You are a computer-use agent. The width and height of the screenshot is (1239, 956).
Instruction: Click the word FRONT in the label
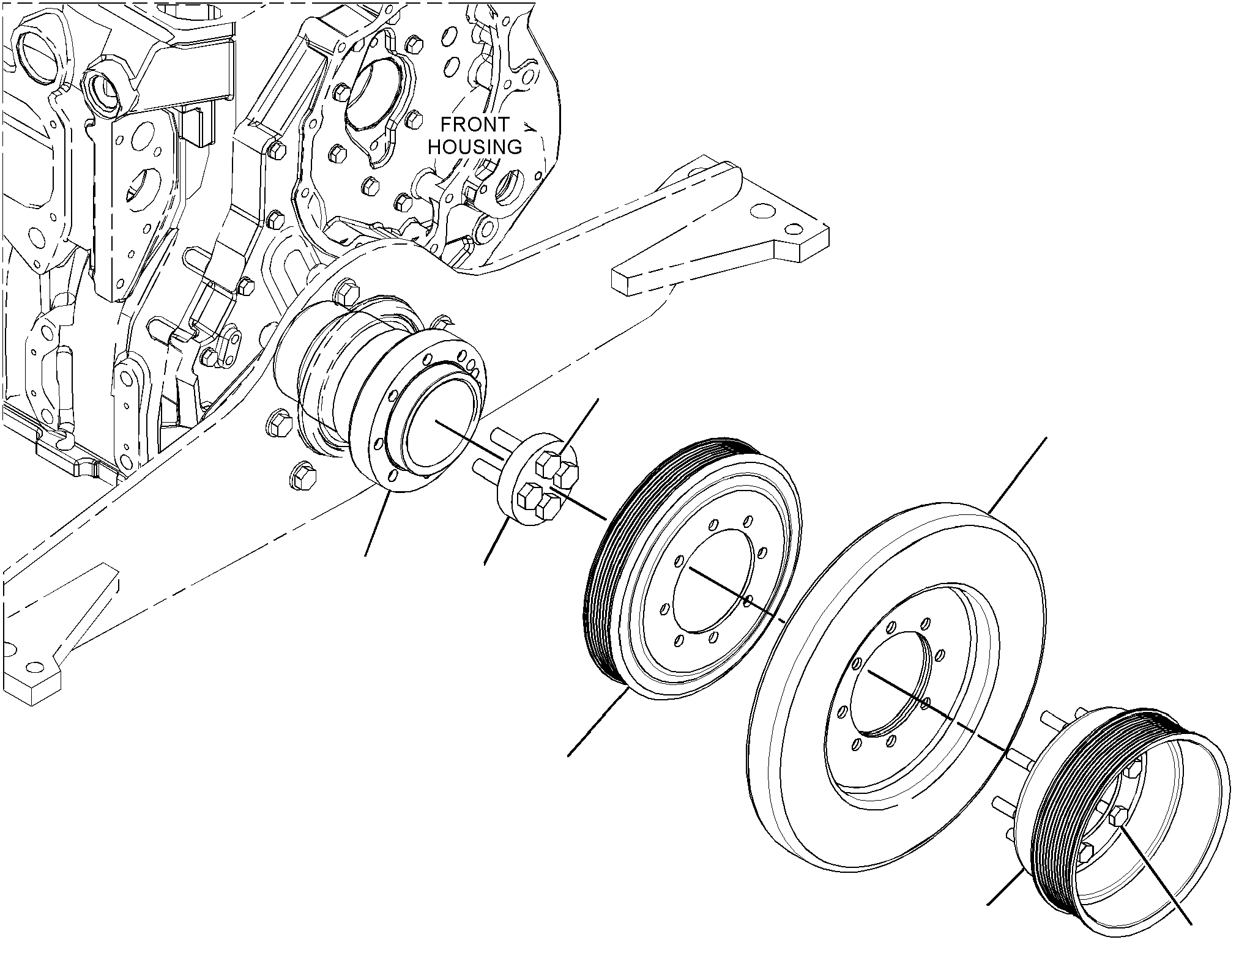click(475, 125)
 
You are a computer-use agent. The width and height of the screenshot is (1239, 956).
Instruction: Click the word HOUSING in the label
click(475, 147)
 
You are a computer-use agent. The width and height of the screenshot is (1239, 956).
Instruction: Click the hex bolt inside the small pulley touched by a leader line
click(1118, 818)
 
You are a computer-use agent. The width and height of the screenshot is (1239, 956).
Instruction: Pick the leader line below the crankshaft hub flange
click(377, 525)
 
